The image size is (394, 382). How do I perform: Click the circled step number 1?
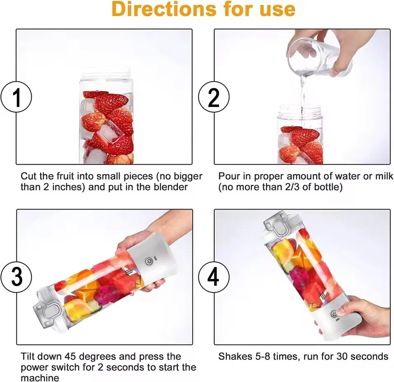(17, 98)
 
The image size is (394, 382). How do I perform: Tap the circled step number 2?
(214, 98)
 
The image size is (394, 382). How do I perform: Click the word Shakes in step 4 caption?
(233, 356)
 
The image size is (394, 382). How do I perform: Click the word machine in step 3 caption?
(40, 377)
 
